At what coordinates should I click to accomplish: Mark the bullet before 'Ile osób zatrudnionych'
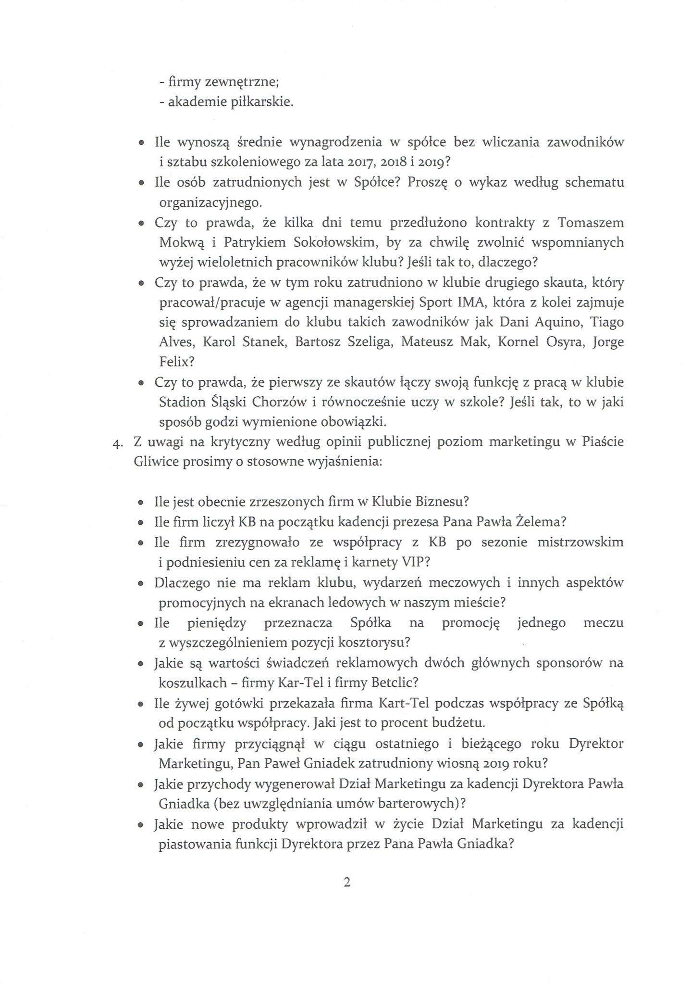[141, 183]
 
